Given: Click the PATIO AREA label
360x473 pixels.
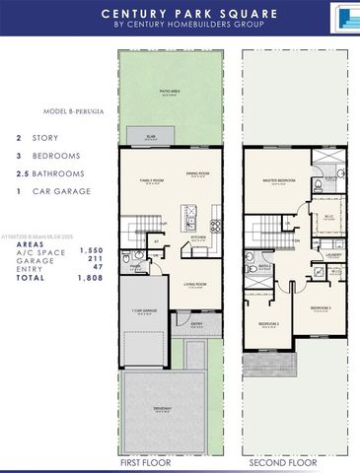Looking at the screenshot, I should [175, 92].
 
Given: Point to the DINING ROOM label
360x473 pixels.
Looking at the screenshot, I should [197, 174].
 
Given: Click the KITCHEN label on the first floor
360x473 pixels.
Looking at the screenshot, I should [197, 236].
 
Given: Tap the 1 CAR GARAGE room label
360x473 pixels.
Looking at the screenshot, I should [145, 311].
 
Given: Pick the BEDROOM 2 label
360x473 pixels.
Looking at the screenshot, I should [268, 323].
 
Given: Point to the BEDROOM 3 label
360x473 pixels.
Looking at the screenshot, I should [321, 308].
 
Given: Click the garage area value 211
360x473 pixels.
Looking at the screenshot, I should [90, 261].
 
